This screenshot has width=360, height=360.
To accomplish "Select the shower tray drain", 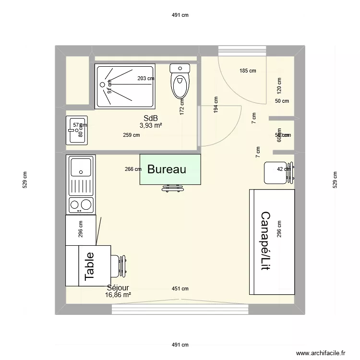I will tap(102, 85).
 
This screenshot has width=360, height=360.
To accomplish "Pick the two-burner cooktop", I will tap(81, 205).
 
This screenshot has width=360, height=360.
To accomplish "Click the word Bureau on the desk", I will tap(166, 169).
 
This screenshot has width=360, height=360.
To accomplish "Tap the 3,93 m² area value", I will tap(150, 125).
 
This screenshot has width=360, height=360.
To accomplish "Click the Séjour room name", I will tap(118, 288).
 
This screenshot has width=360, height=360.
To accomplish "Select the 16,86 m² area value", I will tap(118, 295).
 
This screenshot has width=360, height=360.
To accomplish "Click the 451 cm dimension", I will tap(180, 288).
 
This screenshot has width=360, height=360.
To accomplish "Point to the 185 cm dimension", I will tap(248, 71).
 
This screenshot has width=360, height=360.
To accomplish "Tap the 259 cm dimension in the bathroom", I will tap(131, 135).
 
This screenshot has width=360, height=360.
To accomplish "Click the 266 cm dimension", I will tap(132, 169).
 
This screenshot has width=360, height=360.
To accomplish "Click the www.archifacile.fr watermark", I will tap(320, 352).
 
